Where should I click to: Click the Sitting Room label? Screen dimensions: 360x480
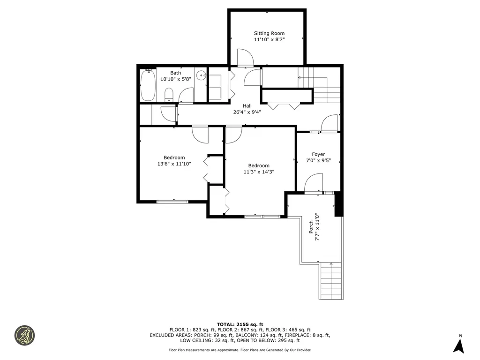269,33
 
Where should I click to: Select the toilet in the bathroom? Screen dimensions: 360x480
169,96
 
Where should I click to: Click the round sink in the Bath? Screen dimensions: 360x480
201,75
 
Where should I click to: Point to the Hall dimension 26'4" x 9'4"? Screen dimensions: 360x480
247,112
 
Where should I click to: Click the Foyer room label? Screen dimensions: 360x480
318,154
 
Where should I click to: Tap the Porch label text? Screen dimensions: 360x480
311,227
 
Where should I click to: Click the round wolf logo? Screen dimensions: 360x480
24,335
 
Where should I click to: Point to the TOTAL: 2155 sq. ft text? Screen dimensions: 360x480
240,324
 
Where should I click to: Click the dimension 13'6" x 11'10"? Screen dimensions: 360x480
174,164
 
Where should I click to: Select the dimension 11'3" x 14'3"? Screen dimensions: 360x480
259,172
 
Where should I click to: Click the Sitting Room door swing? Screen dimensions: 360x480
245,58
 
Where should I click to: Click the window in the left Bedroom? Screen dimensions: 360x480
172,202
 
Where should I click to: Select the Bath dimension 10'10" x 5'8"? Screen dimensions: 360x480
175,80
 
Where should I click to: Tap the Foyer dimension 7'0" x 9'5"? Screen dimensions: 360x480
318,161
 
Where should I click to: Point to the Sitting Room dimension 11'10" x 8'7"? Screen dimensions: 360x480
269,40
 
